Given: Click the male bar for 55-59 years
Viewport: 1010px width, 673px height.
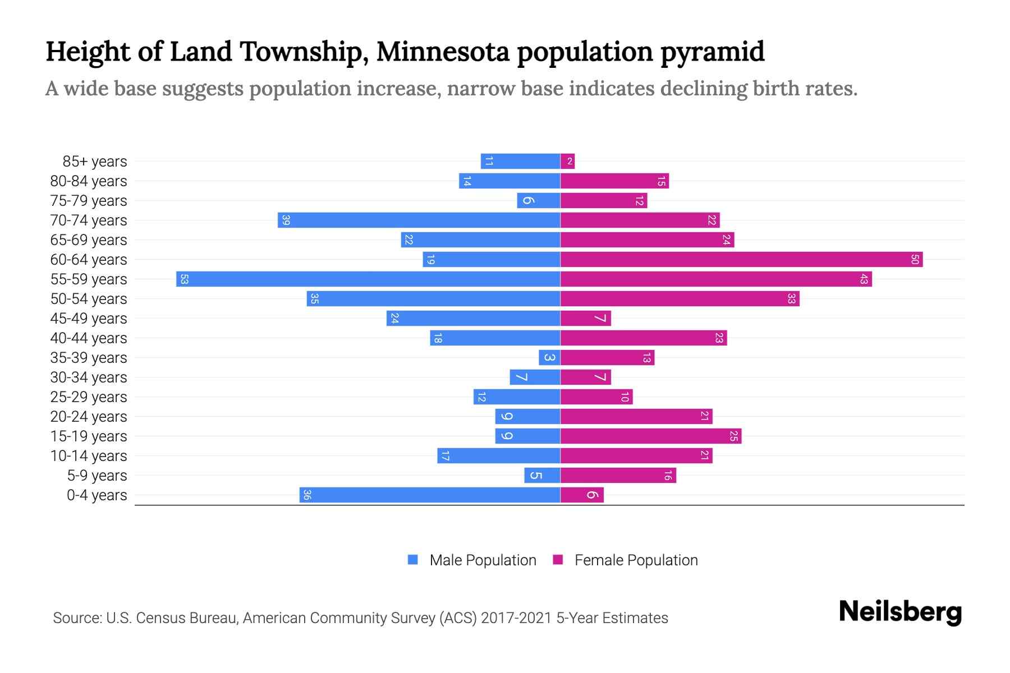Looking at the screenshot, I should (368, 279).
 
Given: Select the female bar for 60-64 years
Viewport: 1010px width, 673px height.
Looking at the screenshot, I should (741, 259).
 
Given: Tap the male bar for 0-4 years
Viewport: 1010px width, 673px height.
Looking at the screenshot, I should (430, 495).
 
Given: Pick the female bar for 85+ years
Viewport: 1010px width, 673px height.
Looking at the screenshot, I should (567, 162).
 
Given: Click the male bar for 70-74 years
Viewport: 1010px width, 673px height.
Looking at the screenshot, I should (419, 220).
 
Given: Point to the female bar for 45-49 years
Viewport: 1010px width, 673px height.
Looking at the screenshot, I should (585, 318).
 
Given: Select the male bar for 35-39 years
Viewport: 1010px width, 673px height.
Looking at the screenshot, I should (549, 357).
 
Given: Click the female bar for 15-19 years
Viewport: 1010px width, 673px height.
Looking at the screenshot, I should (651, 436).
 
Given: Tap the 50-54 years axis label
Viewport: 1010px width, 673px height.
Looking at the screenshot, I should (89, 299).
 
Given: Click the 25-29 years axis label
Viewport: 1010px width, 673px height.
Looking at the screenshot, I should (89, 397).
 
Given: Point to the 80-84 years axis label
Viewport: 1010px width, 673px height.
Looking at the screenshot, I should (89, 181).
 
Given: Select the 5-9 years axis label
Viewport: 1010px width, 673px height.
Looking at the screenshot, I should (97, 476).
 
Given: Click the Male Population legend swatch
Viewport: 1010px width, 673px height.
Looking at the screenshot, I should (413, 560).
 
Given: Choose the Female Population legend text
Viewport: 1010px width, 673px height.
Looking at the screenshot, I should (636, 560).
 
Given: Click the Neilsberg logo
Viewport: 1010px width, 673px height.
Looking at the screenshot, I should (900, 612).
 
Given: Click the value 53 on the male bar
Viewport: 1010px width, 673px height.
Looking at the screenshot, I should (184, 279).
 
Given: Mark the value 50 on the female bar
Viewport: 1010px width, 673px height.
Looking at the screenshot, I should (915, 259).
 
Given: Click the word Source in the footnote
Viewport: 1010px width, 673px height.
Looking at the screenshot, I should (77, 618).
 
